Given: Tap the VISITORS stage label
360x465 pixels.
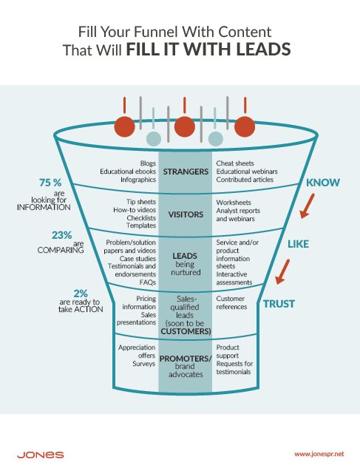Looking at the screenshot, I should point(186,216).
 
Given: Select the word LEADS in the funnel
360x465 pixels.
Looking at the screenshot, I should point(186,256).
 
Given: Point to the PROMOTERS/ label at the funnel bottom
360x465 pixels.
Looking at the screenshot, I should point(186,359).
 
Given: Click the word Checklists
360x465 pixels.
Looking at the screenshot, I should point(140,219).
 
